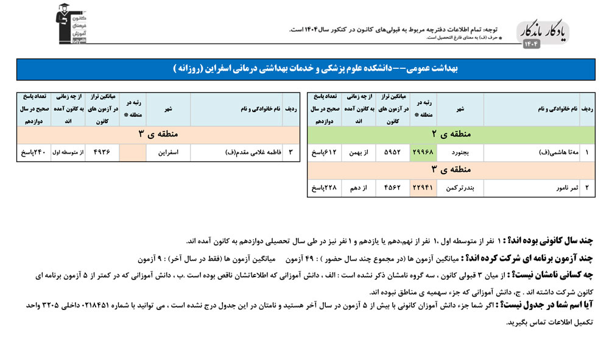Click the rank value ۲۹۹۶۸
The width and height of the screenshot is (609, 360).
tap(423, 152)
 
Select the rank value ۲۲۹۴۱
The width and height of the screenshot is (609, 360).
tap(423, 188)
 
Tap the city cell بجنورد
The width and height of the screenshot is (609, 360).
tap(460, 152)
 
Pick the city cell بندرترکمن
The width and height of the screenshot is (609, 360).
tap(460, 188)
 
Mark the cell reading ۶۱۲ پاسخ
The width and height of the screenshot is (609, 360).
tap(325, 152)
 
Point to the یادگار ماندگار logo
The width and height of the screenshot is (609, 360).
tap(543, 34)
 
